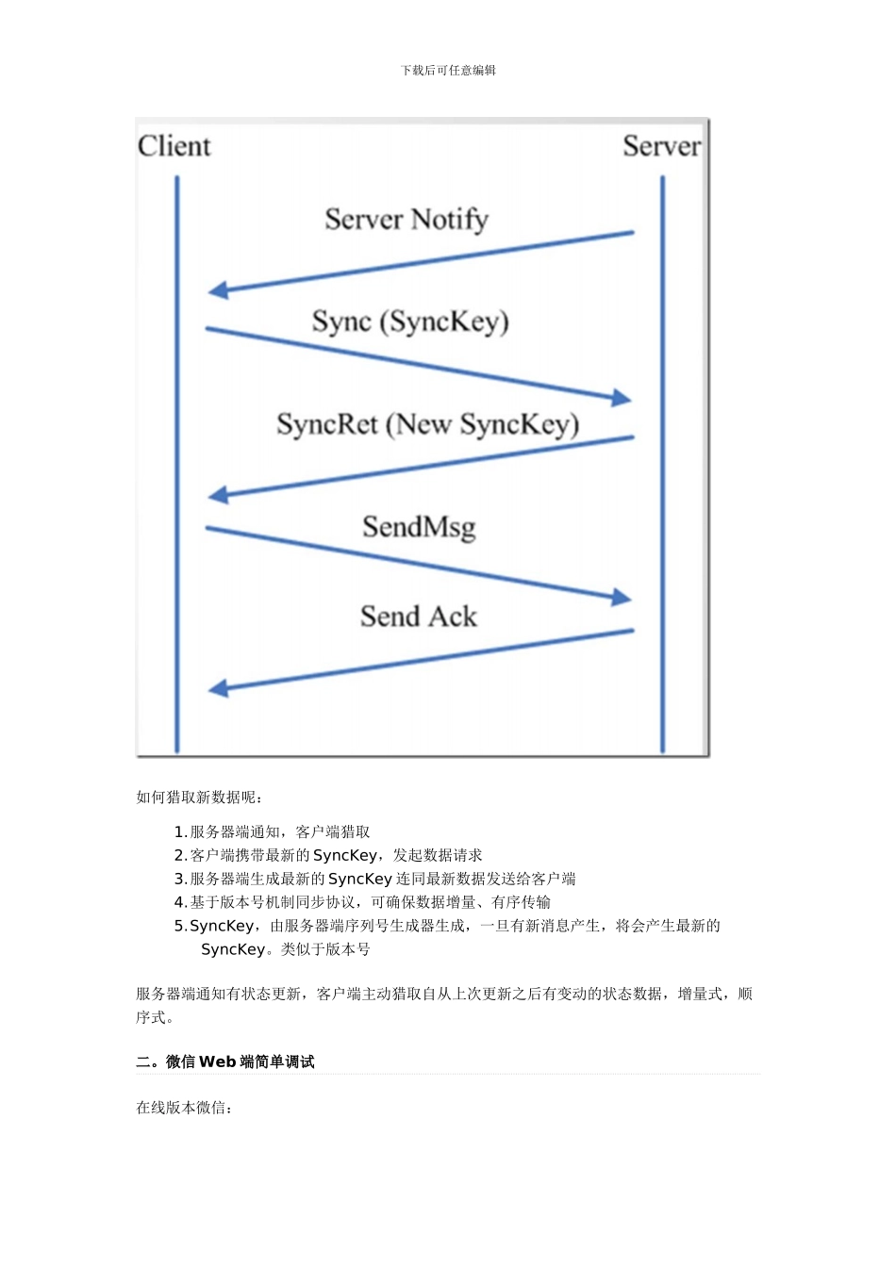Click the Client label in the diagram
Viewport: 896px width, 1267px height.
(x=174, y=146)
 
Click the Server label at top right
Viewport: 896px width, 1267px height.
(x=661, y=146)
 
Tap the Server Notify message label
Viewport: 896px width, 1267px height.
(x=407, y=220)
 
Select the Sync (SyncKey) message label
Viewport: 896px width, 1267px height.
(x=410, y=322)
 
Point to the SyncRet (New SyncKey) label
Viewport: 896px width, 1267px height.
(x=427, y=424)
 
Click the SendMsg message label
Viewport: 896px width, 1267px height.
(x=419, y=526)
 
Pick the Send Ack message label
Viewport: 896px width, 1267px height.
(x=419, y=617)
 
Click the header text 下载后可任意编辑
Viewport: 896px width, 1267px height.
(x=448, y=71)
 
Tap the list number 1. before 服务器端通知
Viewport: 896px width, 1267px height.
(x=180, y=831)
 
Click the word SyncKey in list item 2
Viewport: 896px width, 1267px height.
(x=345, y=855)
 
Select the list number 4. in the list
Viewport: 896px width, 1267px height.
(x=180, y=902)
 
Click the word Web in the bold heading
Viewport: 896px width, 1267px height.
(x=217, y=1061)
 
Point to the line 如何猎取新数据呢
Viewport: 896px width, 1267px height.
(x=200, y=798)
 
